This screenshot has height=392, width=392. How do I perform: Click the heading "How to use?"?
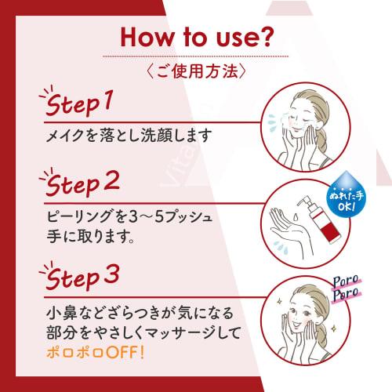[195, 38]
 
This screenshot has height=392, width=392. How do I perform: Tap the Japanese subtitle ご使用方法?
[195, 70]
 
